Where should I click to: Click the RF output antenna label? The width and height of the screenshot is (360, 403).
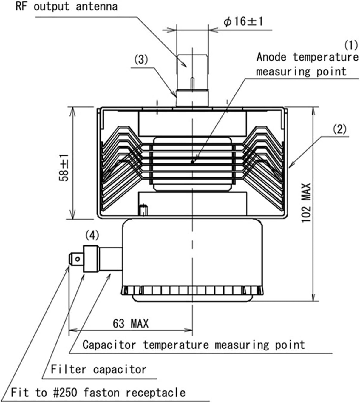tap(66, 6)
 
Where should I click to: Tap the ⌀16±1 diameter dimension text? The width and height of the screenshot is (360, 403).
tap(243, 21)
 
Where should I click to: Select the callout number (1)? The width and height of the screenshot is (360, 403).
tap(351, 45)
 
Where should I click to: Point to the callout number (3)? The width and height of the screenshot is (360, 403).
tap(140, 60)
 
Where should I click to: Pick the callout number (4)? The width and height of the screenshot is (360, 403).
tap(92, 235)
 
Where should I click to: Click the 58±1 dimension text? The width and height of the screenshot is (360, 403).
tap(64, 167)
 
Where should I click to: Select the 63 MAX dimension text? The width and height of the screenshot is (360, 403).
tap(130, 323)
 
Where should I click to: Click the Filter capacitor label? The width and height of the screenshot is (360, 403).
tap(98, 369)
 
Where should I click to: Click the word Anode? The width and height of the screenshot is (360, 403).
tap(271, 57)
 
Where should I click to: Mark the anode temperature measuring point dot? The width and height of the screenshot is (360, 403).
tap(193, 162)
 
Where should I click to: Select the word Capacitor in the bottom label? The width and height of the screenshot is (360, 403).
tap(109, 345)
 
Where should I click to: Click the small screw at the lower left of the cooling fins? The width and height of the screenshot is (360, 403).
tap(143, 210)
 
